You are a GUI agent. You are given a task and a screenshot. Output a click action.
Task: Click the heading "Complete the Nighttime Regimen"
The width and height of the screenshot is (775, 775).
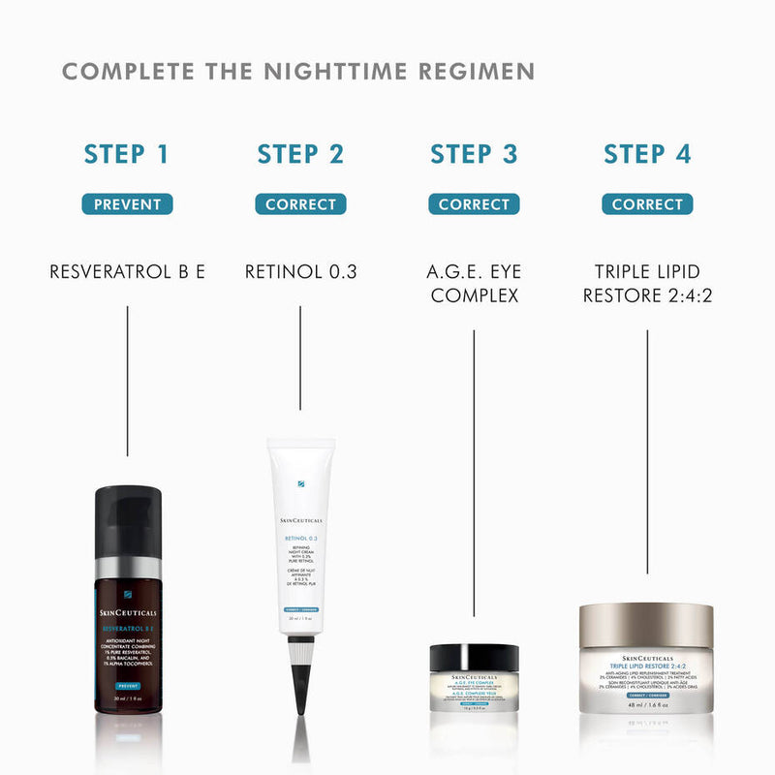[x=298, y=73]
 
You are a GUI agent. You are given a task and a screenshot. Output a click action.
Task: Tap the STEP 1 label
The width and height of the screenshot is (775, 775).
[x=127, y=154]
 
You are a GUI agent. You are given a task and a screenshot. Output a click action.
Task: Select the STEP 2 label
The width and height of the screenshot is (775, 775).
[x=300, y=154]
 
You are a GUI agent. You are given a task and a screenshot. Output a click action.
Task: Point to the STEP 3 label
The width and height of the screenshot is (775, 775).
[x=474, y=154]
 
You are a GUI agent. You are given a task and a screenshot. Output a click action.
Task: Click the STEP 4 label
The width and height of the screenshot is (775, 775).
[x=647, y=154]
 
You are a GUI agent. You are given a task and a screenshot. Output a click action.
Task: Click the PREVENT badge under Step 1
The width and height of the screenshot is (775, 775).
[x=127, y=204]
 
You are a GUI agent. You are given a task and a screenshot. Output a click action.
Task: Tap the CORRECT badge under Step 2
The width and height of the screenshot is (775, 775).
[x=300, y=204]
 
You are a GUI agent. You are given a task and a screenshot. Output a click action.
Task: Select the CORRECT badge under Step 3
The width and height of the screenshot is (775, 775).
[x=474, y=204]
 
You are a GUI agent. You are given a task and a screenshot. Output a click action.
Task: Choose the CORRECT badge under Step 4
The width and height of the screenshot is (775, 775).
[x=647, y=204]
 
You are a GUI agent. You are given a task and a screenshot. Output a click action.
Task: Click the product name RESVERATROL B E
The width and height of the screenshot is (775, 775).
[x=127, y=272]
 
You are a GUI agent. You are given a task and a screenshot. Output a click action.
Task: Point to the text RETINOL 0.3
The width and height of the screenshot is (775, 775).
[x=300, y=272]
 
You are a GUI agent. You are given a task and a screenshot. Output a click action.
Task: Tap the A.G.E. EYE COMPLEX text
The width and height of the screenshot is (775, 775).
[x=474, y=283]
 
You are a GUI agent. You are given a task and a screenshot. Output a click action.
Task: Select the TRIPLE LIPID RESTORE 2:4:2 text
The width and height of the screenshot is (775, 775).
[x=647, y=283]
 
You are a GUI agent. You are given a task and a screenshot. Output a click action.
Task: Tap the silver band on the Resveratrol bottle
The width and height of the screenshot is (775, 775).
[x=128, y=572]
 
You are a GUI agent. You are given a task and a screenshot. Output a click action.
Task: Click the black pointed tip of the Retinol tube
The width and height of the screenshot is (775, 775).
[x=300, y=694]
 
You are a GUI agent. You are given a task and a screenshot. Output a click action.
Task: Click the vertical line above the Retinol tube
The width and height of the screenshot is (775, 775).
[x=300, y=358]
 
